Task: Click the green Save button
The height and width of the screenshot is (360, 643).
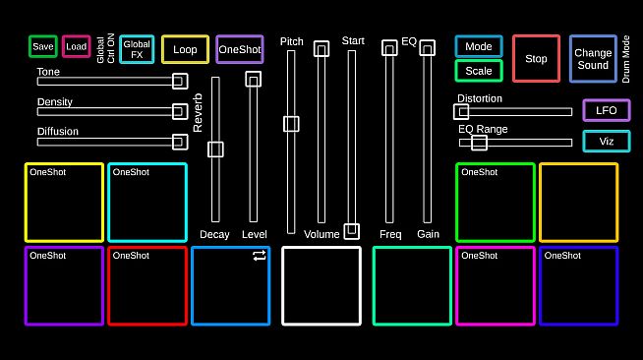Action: coord(43,47)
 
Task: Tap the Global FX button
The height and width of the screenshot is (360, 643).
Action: coord(137,49)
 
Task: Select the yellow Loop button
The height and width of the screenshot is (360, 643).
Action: coord(185,49)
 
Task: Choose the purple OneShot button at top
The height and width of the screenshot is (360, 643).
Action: coord(240,49)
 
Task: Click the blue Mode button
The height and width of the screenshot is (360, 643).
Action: coord(479,47)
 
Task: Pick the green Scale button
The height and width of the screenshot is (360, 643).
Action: coord(479,71)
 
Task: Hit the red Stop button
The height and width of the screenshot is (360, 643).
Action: coord(536,59)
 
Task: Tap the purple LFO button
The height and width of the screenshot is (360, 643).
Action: coord(607,110)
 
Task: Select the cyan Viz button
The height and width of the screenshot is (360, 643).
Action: coord(607,141)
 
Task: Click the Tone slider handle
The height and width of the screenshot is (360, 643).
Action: coord(180,82)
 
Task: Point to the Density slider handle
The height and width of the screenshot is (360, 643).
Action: coord(180,111)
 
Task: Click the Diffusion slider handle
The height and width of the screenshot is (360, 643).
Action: coord(180,142)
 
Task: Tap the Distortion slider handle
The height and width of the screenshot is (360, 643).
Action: coord(461,112)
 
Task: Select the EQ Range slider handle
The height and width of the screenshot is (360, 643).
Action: coord(479,143)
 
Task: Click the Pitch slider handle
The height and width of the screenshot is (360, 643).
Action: coord(291,124)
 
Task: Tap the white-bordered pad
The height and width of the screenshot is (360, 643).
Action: coord(321,285)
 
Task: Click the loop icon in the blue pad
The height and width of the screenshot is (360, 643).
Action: coord(259,256)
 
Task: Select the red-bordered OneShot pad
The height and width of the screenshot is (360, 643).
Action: coord(146,285)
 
